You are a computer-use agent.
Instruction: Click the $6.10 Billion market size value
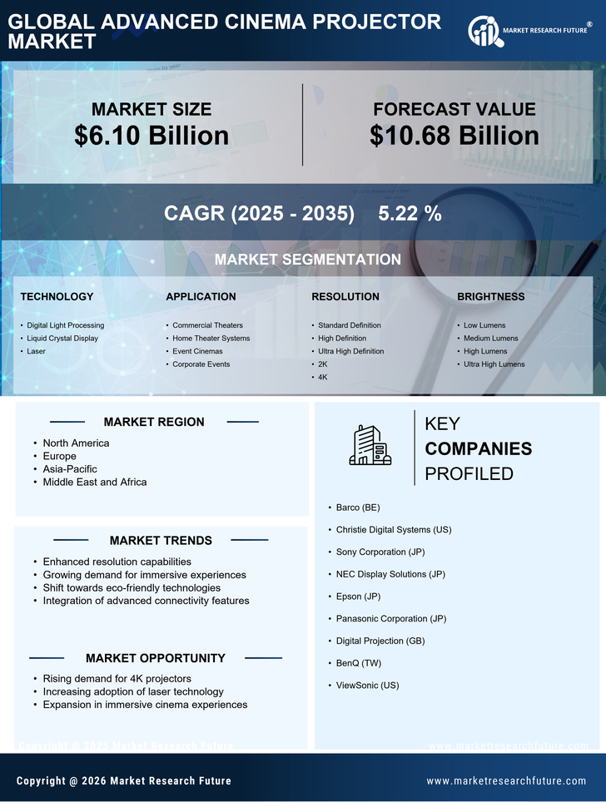tap(151, 136)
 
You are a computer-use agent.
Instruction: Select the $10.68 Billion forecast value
tap(454, 136)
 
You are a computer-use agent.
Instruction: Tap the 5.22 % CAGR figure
tap(410, 213)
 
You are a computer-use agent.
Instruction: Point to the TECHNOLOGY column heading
tap(57, 296)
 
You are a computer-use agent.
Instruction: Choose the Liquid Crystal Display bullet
tap(62, 338)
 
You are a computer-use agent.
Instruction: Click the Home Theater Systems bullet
tap(211, 338)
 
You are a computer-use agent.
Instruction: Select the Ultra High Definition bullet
tap(350, 351)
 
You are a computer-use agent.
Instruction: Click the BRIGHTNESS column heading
tap(490, 296)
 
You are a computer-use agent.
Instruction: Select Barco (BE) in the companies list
tap(358, 507)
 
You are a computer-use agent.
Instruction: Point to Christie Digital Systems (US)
tap(394, 529)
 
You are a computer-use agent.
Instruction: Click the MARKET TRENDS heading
tap(161, 540)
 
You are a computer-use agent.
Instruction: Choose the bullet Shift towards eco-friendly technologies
tap(132, 587)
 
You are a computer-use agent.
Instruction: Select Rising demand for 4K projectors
tap(117, 678)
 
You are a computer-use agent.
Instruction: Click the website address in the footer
tap(506, 780)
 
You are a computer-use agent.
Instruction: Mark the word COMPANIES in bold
tap(478, 448)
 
